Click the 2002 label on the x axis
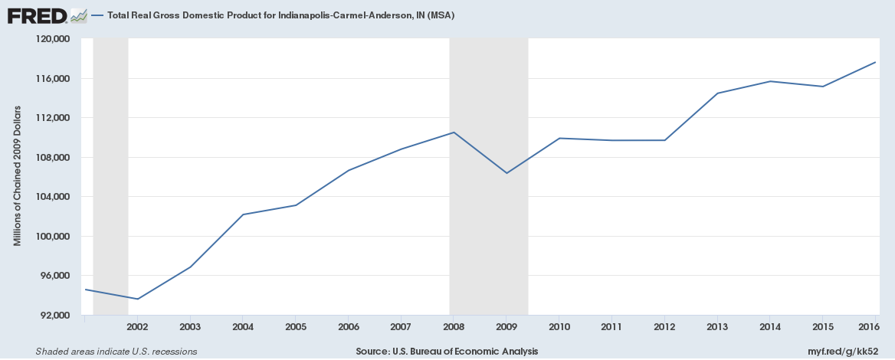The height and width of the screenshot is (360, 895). pyautogui.click(x=137, y=326)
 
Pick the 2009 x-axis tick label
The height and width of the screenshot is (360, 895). pyautogui.click(x=506, y=326)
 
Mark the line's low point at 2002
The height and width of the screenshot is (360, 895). pyautogui.click(x=138, y=299)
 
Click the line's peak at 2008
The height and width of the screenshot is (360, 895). pyautogui.click(x=454, y=133)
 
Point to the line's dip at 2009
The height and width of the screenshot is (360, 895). pyautogui.click(x=507, y=173)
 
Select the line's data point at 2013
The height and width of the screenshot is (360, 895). pyautogui.click(x=717, y=93)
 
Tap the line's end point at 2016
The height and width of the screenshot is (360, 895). pyautogui.click(x=874, y=62)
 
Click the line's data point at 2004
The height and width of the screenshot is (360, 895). pyautogui.click(x=243, y=214)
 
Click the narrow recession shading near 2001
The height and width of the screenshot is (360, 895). pyautogui.click(x=110, y=176)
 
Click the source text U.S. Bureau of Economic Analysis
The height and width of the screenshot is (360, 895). pyautogui.click(x=447, y=351)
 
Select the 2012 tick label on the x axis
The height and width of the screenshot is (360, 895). pyautogui.click(x=664, y=326)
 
